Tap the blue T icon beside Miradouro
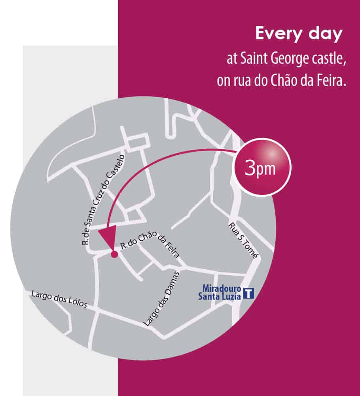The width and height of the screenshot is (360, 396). [248, 293]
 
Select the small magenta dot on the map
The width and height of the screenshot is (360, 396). [114, 255]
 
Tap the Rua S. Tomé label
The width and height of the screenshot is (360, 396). [243, 240]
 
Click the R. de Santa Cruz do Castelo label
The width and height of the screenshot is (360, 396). [103, 200]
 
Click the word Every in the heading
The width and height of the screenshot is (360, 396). [275, 34]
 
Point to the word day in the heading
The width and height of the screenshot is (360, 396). [326, 35]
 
